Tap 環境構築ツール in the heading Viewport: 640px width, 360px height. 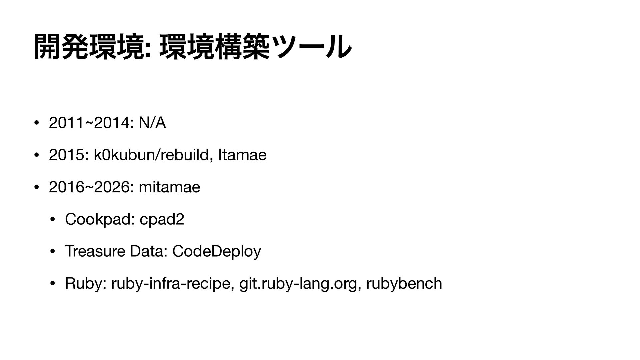[x=255, y=49]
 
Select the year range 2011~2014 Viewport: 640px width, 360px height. [x=89, y=123]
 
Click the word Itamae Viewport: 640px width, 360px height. [x=242, y=155]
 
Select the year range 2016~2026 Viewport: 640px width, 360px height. [x=89, y=187]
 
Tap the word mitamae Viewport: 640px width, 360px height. [x=169, y=187]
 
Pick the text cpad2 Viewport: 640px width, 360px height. [x=162, y=219]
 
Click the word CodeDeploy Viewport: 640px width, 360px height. [x=216, y=251]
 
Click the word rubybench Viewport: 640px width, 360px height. [x=404, y=284]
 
